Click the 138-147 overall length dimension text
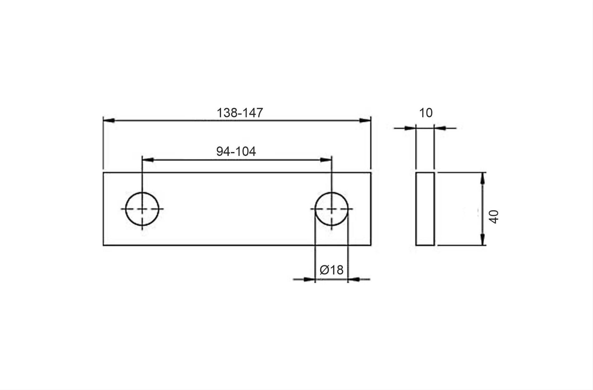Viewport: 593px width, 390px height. click(x=240, y=113)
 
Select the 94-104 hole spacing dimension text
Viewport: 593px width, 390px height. click(x=236, y=151)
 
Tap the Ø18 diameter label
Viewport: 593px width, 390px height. click(x=331, y=270)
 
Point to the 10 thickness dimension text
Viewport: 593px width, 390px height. click(x=426, y=113)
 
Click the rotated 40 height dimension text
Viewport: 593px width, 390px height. click(x=493, y=217)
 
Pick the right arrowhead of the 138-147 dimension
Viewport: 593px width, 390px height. click(x=365, y=120)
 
